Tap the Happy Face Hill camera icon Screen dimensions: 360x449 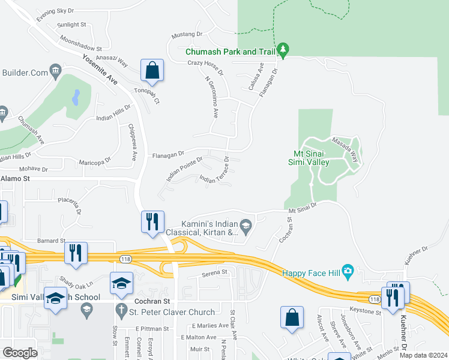click(347, 270)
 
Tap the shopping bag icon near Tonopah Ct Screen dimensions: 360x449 click(152, 70)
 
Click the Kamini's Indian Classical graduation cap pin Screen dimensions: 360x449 click(247, 226)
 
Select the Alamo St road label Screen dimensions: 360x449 click(15, 179)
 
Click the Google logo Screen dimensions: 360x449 click(20, 352)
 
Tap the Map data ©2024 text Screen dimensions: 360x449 click(423, 355)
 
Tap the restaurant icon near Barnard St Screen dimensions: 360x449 click(76, 253)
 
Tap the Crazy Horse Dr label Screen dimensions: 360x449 click(205, 63)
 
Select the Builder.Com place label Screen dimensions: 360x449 click(25, 73)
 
